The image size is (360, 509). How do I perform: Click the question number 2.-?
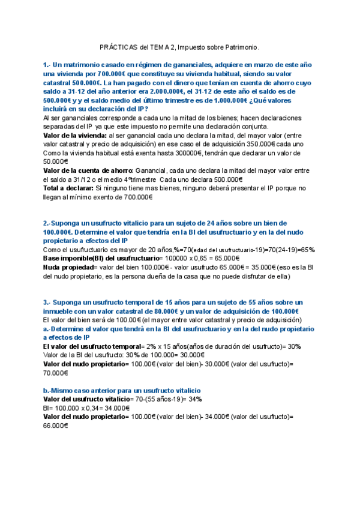pos(47,223)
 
